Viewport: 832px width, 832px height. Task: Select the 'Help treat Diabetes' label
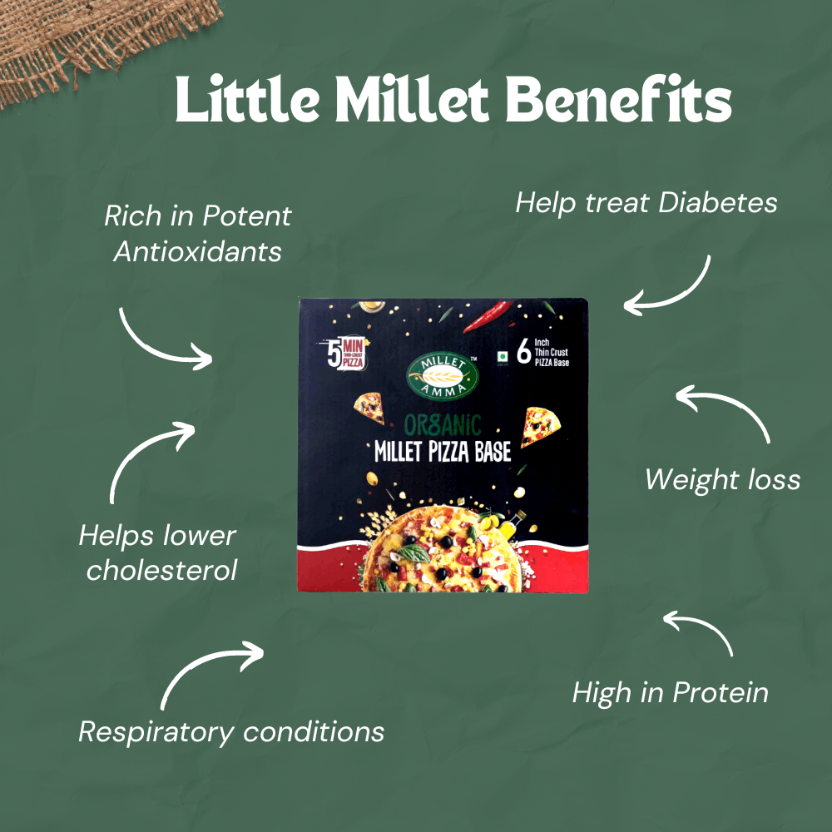[x=646, y=202]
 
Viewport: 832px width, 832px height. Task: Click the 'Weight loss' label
[x=722, y=479]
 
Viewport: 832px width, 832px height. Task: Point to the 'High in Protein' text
[x=670, y=692]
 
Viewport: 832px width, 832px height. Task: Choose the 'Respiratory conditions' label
[x=231, y=732]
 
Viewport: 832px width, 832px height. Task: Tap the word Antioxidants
[x=198, y=250]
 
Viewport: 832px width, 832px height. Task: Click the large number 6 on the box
[x=524, y=353]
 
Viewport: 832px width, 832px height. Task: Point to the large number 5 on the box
[x=334, y=355]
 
